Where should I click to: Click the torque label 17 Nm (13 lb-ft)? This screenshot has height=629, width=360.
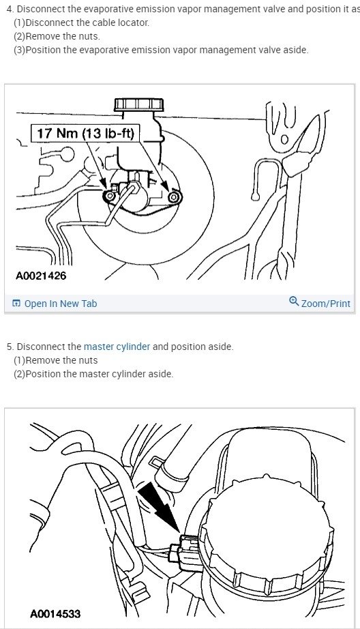87,134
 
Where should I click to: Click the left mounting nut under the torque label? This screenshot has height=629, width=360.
108,196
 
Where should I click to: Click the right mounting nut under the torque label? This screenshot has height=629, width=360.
173,197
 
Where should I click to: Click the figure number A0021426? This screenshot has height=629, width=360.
41,276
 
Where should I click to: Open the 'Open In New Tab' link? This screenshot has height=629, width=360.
60,304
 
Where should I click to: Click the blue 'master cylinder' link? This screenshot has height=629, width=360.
117,347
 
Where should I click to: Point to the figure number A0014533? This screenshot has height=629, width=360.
55,614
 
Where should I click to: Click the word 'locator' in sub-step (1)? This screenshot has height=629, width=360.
130,23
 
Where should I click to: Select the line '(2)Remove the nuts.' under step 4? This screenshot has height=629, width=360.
57,36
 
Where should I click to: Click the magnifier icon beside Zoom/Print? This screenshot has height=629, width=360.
294,302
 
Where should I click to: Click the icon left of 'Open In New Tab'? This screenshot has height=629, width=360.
16,304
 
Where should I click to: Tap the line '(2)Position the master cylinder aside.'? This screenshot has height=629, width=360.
93,374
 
